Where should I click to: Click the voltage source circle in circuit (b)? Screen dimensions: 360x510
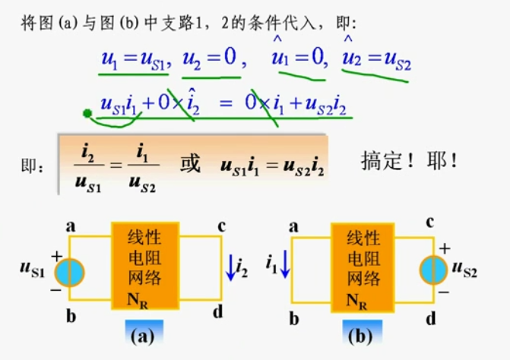point(434,270)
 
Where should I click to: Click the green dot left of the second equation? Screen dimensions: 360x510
point(87,114)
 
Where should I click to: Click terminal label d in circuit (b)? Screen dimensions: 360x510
point(430,314)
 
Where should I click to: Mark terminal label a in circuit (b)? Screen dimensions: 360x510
point(293,226)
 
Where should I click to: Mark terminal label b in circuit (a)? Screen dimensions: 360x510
point(71,314)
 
